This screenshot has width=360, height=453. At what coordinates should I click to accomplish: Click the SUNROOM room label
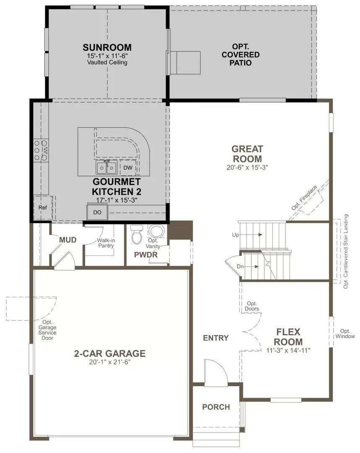pyautogui.click(x=107, y=47)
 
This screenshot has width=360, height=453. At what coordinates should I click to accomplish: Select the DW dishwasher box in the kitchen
pyautogui.click(x=128, y=168)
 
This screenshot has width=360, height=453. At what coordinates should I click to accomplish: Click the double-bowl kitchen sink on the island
pyautogui.click(x=107, y=168)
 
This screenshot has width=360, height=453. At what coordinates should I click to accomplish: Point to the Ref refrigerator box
pyautogui.click(x=42, y=208)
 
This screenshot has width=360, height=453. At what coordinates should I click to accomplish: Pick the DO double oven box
pyautogui.click(x=97, y=212)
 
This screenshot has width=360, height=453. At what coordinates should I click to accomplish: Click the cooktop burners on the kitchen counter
pyautogui.click(x=41, y=150)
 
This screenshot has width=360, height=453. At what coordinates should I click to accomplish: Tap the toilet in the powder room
pyautogui.click(x=137, y=236)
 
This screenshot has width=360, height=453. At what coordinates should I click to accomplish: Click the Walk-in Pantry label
pyautogui.click(x=106, y=243)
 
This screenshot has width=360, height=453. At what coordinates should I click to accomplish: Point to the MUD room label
pyautogui.click(x=68, y=240)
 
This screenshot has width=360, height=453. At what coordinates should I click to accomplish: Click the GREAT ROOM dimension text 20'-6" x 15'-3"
pyautogui.click(x=248, y=167)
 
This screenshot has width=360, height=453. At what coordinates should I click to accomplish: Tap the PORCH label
pyautogui.click(x=216, y=407)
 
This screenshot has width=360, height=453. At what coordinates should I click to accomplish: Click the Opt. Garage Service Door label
pyautogui.click(x=47, y=330)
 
